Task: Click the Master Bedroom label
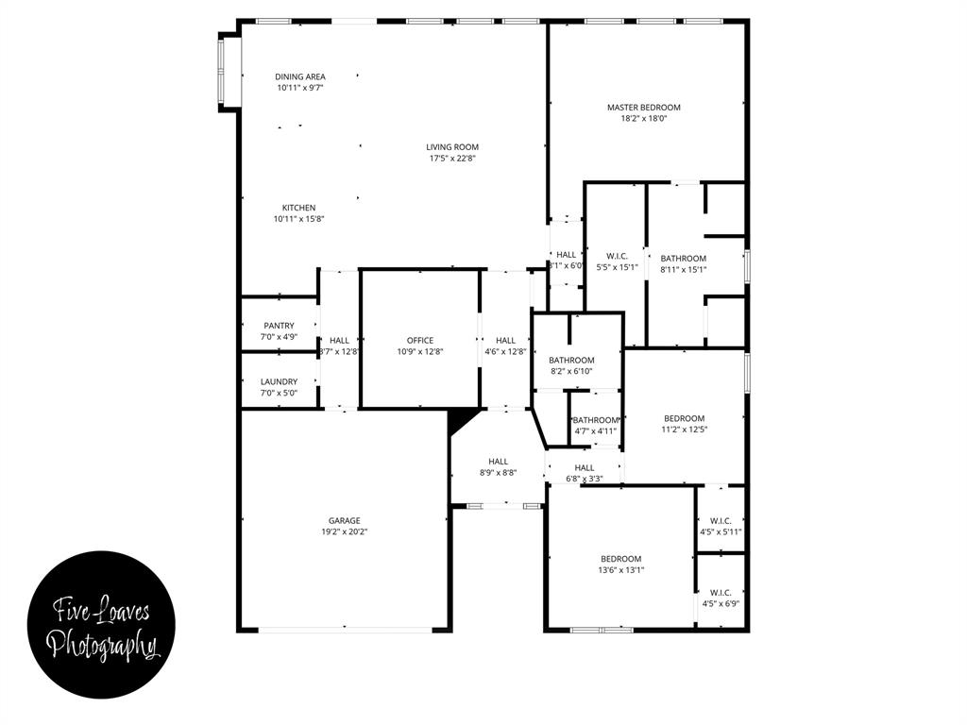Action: [x=643, y=108]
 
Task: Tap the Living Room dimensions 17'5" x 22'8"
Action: [x=452, y=159]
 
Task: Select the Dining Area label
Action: [x=300, y=76]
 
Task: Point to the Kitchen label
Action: [x=298, y=208]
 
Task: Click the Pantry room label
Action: [x=279, y=326]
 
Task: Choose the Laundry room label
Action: [x=279, y=381]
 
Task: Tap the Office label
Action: [x=420, y=340]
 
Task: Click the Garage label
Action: [x=344, y=520]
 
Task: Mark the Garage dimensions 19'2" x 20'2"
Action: [x=344, y=531]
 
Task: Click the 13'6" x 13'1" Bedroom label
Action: [x=620, y=558]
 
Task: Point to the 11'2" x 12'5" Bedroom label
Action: [x=684, y=418]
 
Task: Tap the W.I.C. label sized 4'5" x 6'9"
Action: [x=721, y=592]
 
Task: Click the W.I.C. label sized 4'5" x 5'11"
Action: [x=721, y=520]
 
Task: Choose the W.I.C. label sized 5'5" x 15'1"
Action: [x=617, y=255]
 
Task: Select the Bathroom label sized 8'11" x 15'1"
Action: [x=683, y=258]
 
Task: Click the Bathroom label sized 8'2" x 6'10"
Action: [x=571, y=360]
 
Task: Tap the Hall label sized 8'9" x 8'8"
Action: [x=498, y=462]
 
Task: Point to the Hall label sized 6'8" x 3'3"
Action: [x=585, y=467]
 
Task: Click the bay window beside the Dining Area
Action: [x=223, y=73]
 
